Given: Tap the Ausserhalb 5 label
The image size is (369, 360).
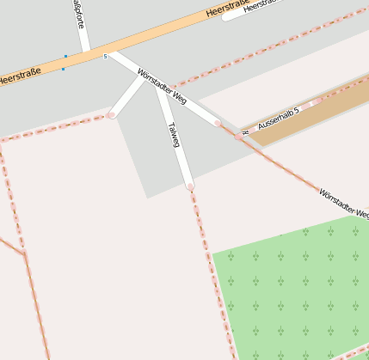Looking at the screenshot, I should click(278, 119).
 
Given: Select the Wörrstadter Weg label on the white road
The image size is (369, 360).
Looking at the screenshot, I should click(162, 87).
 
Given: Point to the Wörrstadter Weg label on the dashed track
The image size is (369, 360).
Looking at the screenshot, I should click(344, 204).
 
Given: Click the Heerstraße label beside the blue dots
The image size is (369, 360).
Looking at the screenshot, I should click(19, 77).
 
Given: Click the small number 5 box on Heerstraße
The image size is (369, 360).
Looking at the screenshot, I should click(105, 57).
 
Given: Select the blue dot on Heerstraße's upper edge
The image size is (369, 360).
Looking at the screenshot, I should click(65, 57).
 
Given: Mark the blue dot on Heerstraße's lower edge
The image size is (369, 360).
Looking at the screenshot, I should click(63, 69).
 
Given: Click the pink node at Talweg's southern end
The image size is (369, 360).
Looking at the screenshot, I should click(189, 186).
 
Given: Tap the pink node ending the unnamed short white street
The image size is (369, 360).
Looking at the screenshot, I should click(111, 115).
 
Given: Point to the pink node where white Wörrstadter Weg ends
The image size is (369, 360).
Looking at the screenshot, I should click(218, 124).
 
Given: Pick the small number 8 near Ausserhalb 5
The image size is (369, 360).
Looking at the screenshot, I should click(246, 133).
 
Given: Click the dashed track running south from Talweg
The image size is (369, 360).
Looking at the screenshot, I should click(211, 266).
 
